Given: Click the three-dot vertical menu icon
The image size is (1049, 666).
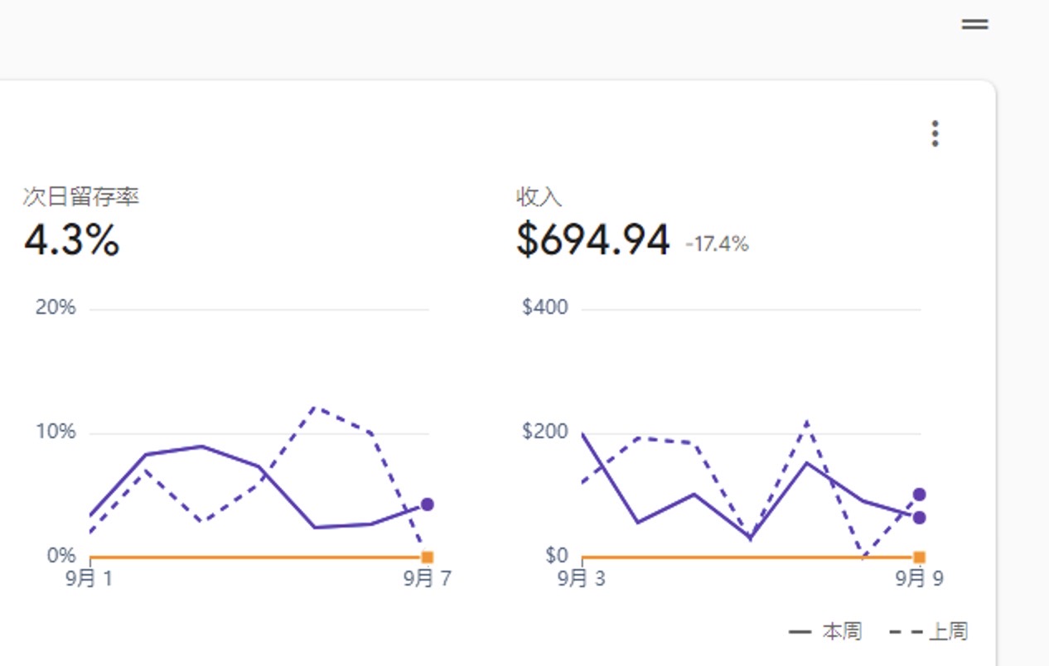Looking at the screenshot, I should (935, 133).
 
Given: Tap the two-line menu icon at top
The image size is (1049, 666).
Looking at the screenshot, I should (974, 25).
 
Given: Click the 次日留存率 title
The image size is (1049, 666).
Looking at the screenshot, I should (81, 197).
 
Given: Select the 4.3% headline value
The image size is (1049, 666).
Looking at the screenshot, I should (72, 240).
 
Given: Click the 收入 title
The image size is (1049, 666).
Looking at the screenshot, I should (539, 197).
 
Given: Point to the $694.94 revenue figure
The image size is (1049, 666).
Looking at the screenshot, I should (592, 240).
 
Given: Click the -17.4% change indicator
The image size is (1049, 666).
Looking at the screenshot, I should (717, 244).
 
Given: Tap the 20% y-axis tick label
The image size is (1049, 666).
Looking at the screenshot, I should (56, 307).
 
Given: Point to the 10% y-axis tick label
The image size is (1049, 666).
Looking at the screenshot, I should (56, 432).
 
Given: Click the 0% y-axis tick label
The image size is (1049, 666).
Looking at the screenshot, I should (60, 555).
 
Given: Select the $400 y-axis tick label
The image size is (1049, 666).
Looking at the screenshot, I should (545, 307).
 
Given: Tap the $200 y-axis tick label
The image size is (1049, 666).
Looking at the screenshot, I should (545, 432).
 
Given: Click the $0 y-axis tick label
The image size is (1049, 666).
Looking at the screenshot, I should (556, 555).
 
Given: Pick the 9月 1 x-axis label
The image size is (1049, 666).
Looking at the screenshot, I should (89, 578).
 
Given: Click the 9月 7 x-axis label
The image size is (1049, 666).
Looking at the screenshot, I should (428, 578).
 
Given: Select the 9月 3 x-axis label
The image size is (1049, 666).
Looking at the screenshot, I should (581, 578).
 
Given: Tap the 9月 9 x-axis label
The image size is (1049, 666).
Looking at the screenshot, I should (919, 578).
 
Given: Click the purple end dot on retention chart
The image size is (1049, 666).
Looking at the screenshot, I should (427, 504).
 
